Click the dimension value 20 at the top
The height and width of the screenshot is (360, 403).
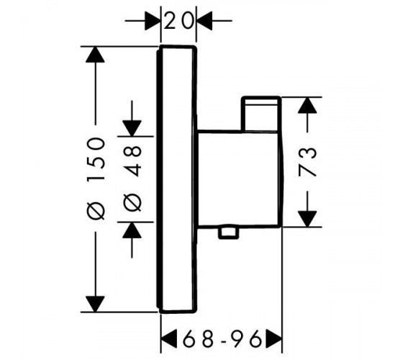coord(178,20)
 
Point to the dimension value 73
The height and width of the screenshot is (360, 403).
coord(307,162)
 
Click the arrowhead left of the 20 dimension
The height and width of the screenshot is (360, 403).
coord(153,20)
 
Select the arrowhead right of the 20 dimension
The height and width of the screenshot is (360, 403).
coord(204,20)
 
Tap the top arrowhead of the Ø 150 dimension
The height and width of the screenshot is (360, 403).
coord(96,54)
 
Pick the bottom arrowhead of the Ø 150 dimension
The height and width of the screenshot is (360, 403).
coord(96,304)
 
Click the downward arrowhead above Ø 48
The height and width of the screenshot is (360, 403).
coord(132,128)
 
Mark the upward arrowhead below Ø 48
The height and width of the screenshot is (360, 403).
coord(132,230)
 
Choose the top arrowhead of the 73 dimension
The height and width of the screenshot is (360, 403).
coord(307,105)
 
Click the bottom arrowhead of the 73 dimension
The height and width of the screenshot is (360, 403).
coord(307,219)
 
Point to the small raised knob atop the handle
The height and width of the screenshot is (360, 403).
coord(261,114)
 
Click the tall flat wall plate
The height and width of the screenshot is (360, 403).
coord(176,179)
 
